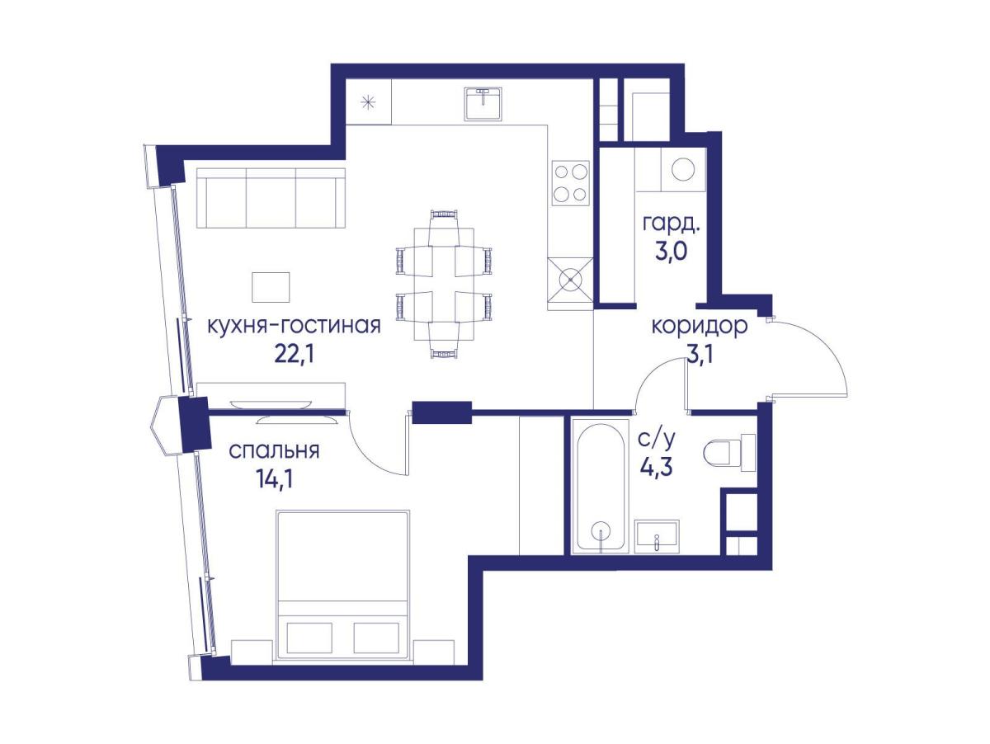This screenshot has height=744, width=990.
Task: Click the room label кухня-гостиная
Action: (x=294, y=326)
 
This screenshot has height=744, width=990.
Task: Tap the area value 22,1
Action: (x=294, y=355)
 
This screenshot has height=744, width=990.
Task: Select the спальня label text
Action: (x=274, y=451)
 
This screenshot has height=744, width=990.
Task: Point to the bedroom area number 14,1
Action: (x=274, y=479)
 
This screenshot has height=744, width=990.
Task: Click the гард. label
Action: (x=671, y=224)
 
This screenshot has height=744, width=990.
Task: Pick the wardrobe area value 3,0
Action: (x=672, y=252)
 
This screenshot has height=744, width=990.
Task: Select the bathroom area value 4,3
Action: (x=656, y=467)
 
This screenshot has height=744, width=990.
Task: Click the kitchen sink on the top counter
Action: (x=483, y=103)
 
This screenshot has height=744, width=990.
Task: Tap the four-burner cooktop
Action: (x=571, y=182)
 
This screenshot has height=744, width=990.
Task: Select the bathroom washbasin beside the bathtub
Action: (x=658, y=537)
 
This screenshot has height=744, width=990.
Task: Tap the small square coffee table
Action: (x=271, y=287)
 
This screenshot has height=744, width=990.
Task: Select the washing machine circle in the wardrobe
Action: (x=683, y=169)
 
